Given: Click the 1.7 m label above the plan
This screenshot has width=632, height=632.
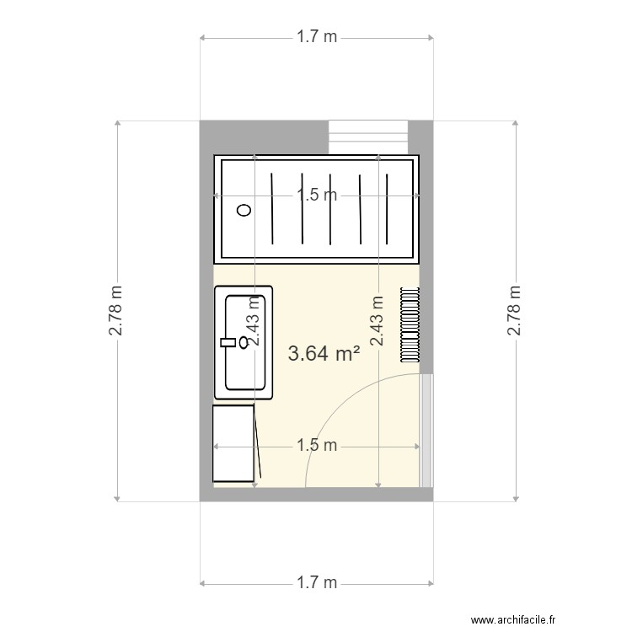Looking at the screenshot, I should click(317, 37).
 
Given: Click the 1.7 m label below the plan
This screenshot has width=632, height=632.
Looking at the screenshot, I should click(317, 582).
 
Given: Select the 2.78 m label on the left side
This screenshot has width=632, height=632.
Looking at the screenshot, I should click(116, 310).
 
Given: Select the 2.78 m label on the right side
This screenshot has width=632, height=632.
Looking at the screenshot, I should click(514, 310).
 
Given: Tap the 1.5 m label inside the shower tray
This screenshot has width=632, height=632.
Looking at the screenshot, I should click(317, 195).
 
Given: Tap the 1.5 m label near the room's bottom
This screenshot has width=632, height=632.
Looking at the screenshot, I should click(317, 445).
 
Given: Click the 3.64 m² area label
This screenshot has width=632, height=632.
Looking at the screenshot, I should click(324, 353).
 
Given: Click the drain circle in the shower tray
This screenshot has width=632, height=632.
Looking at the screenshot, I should click(244, 211).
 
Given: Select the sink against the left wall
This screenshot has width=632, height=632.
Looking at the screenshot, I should click(244, 342).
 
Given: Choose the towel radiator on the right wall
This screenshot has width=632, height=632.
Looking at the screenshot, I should click(410, 324).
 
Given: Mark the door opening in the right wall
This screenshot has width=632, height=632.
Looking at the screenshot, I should click(426, 430).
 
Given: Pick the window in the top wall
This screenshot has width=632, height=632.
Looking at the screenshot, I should click(367, 138).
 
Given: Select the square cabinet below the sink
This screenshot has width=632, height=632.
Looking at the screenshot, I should click(233, 444).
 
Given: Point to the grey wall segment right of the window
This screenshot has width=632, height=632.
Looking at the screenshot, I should click(420, 137).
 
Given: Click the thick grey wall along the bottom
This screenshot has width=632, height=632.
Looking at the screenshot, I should click(317, 495).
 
